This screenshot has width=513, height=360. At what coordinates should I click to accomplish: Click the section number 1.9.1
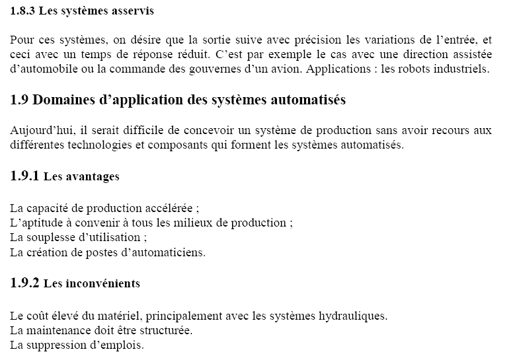click(26, 176)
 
